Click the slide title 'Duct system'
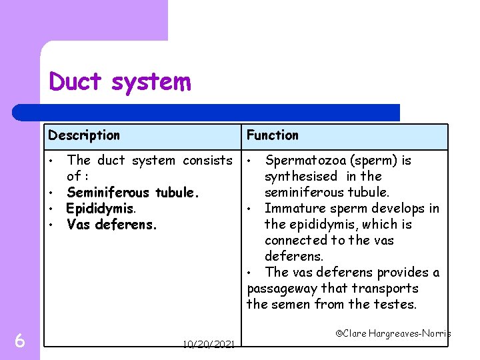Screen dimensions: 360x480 120,82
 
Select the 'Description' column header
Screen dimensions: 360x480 84,135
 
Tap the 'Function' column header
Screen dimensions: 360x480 272,135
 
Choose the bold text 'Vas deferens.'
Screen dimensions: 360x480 112,225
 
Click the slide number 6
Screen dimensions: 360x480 20,341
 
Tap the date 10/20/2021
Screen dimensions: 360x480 208,345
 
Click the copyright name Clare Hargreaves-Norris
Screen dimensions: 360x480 393,333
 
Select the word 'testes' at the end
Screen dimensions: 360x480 397,305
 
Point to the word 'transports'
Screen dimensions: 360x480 387,289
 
